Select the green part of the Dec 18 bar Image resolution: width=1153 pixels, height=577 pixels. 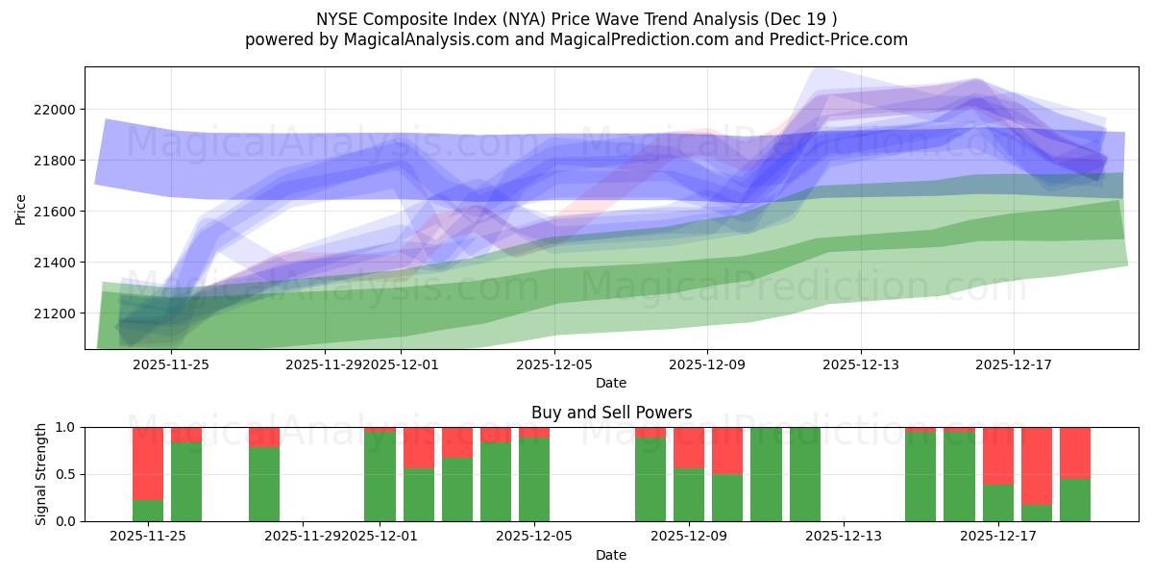pyautogui.click(x=1036, y=513)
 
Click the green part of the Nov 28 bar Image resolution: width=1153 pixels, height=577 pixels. pyautogui.click(x=263, y=485)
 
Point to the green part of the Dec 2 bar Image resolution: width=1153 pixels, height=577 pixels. pyautogui.click(x=418, y=494)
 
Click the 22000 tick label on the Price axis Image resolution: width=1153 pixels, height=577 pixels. pyautogui.click(x=53, y=110)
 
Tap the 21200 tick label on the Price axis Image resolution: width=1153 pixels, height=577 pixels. pyautogui.click(x=53, y=314)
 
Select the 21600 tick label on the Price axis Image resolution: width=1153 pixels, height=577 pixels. pyautogui.click(x=53, y=212)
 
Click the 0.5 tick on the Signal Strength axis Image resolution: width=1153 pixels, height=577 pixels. pyautogui.click(x=66, y=474)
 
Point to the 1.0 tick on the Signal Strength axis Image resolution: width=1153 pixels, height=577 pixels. pyautogui.click(x=66, y=427)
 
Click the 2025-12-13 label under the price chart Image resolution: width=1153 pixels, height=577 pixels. pyautogui.click(x=861, y=364)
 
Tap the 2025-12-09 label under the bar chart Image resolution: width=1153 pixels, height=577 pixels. pyautogui.click(x=689, y=537)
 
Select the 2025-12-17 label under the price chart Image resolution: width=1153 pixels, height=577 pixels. pyautogui.click(x=1014, y=364)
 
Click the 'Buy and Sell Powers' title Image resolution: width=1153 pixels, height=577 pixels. pyautogui.click(x=611, y=413)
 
